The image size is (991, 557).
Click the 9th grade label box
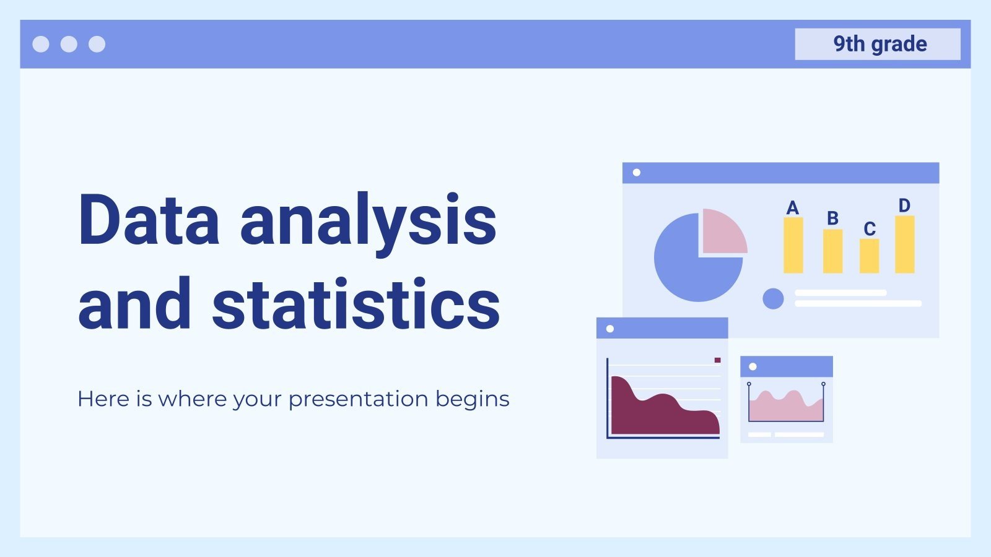[x=877, y=44]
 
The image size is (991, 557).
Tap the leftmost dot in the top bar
[x=41, y=44]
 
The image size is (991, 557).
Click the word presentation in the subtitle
[x=358, y=399]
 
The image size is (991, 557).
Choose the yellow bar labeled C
[x=869, y=256]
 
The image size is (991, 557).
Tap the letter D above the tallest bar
[x=904, y=205]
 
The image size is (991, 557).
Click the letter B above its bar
[x=832, y=218]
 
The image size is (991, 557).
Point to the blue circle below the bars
[x=773, y=299]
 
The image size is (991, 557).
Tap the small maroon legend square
[x=717, y=360]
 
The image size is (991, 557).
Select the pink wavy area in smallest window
[x=785, y=408]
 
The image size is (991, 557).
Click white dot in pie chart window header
[x=637, y=173]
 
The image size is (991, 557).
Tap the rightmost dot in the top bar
[x=97, y=44]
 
